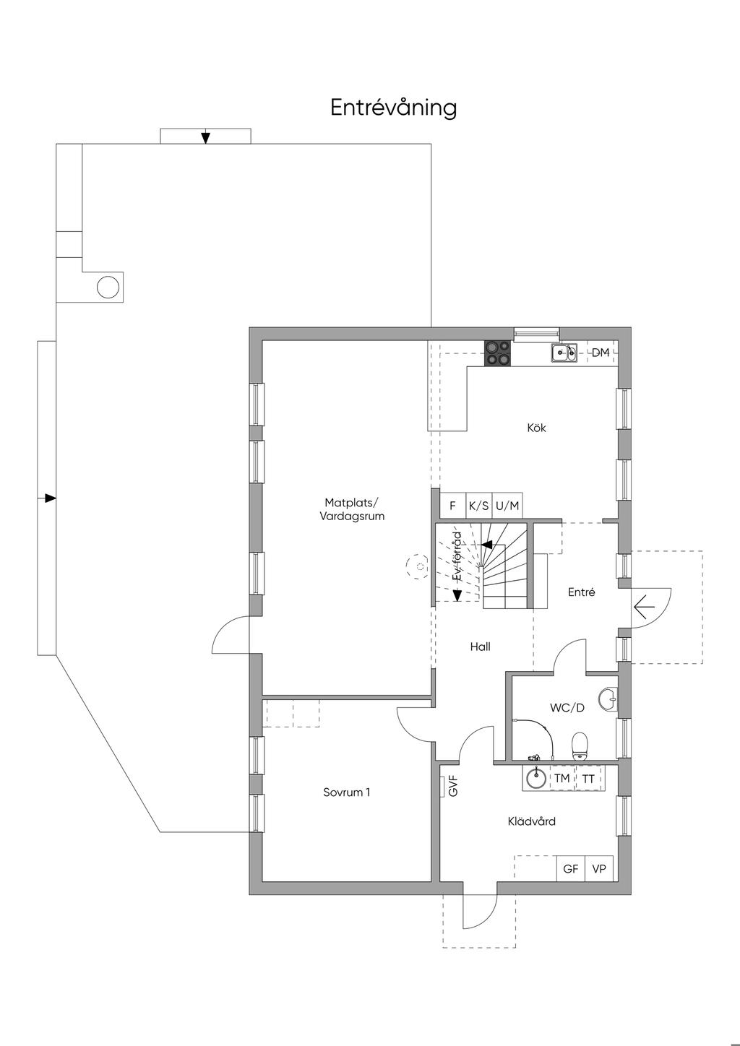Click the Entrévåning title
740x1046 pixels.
tap(393, 108)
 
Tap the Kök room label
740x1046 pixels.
tap(536, 427)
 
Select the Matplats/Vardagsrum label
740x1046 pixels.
tap(352, 509)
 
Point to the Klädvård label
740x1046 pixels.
tap(532, 834)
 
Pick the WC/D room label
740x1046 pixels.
tap(567, 707)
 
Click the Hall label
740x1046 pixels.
tap(481, 647)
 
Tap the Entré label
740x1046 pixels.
tap(582, 592)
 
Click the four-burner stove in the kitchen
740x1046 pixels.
tap(498, 353)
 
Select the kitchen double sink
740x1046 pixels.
tap(564, 353)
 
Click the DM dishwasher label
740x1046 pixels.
tap(601, 353)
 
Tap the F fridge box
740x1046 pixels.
tap(452, 505)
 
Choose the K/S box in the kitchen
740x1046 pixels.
tap(479, 505)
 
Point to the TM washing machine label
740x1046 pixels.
tap(562, 778)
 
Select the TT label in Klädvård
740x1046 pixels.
tap(588, 779)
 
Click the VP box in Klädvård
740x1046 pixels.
tap(599, 868)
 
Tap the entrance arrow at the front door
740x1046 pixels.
tap(645, 608)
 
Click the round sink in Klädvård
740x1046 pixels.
tap(536, 779)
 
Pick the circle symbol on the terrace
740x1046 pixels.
tap(108, 287)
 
